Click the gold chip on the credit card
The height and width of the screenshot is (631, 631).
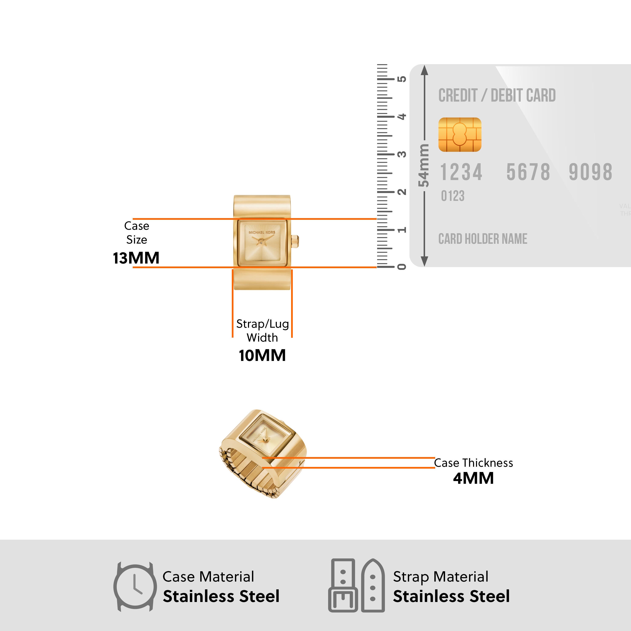point(460,135)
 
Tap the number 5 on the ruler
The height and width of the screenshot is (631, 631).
point(402,79)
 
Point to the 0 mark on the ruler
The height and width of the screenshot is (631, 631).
point(402,267)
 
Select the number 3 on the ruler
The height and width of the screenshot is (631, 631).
point(402,154)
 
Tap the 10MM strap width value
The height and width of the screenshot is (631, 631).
point(262,355)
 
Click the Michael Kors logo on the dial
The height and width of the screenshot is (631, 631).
point(262,232)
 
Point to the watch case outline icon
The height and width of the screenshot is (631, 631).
point(135,587)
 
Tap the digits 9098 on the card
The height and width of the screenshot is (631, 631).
point(590,172)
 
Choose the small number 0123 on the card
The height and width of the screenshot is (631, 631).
point(452,196)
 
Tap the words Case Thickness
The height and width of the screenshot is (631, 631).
point(473,463)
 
